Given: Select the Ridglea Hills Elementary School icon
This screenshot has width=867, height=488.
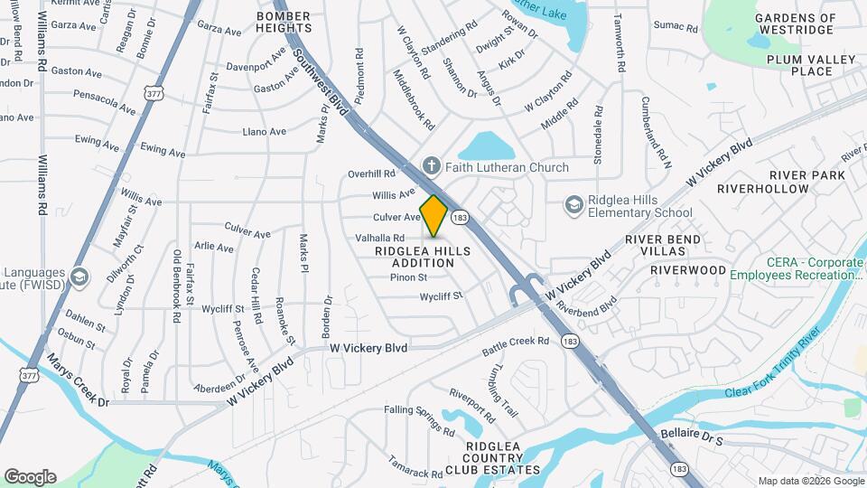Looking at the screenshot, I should coord(573,206).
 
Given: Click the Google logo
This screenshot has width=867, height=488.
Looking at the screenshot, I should coord(30,477).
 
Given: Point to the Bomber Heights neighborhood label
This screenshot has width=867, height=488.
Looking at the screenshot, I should coord(284,22).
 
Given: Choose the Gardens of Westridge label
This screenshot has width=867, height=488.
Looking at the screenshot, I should coord(795,23).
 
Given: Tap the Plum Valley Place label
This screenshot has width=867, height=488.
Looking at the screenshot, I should coord(797,65).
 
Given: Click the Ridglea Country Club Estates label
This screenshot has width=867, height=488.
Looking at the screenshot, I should coord(503,458).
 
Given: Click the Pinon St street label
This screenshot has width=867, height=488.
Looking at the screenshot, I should coord(408,277).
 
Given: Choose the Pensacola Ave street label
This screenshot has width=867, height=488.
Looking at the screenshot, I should coord(105,102).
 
